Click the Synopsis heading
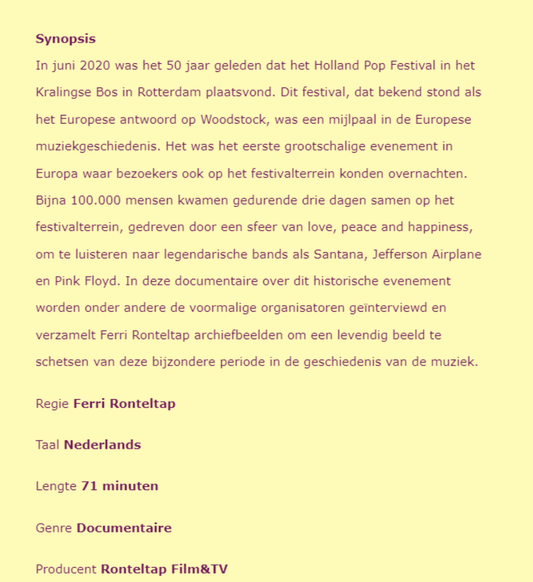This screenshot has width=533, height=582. click(66, 39)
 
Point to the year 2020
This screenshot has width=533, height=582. click(95, 66)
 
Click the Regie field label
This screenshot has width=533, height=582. click(52, 404)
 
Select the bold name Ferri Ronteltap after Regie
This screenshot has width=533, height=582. click(124, 404)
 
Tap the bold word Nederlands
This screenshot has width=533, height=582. click(102, 445)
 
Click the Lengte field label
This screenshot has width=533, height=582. click(56, 486)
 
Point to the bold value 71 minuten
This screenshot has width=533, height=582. click(120, 486)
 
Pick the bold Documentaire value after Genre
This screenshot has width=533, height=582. click(124, 528)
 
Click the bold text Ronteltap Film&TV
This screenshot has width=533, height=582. click(164, 569)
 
